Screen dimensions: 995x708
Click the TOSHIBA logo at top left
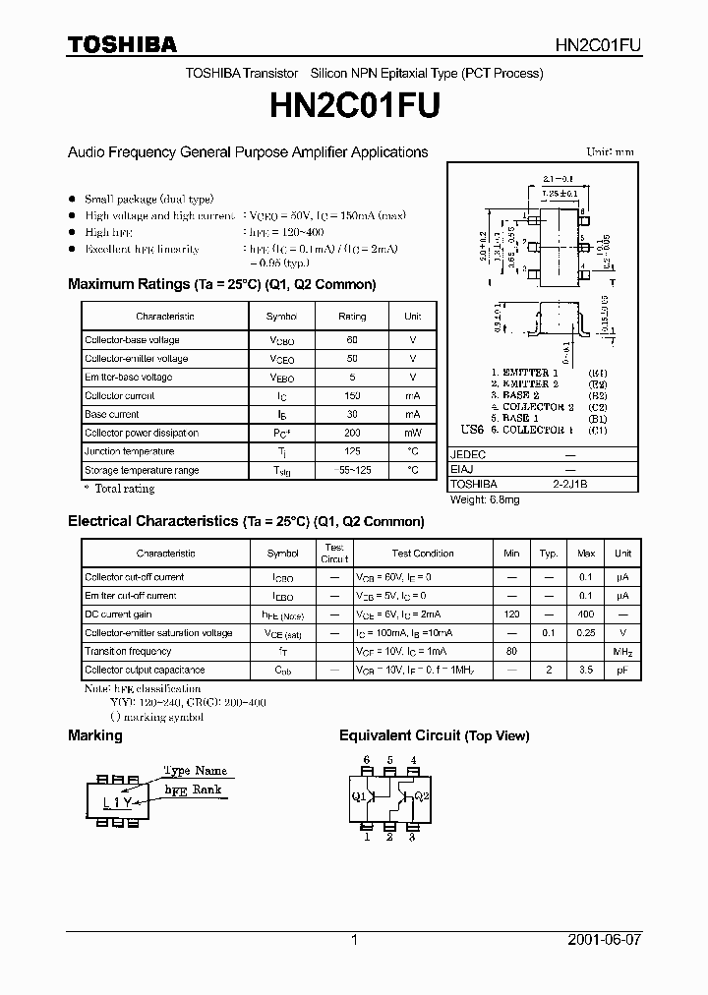click(x=122, y=44)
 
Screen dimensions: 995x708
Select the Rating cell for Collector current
click(x=352, y=396)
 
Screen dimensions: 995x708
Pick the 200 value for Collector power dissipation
click(x=352, y=434)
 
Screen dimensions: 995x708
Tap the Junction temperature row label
click(x=130, y=452)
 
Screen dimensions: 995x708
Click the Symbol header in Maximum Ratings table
click(x=281, y=317)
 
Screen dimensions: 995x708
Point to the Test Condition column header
click(x=422, y=554)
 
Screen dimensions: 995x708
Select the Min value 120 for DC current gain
click(x=511, y=615)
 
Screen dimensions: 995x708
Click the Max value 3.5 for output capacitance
click(x=586, y=671)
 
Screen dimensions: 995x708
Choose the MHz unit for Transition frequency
click(x=622, y=652)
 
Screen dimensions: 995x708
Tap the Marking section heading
click(x=95, y=735)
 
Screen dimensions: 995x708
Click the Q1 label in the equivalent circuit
click(x=359, y=795)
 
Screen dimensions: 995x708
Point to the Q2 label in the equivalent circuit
click(x=422, y=795)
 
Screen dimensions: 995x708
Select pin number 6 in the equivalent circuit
click(x=367, y=760)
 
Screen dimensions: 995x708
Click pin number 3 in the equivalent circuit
click(x=412, y=837)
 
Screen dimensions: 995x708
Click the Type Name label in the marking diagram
click(x=195, y=771)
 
